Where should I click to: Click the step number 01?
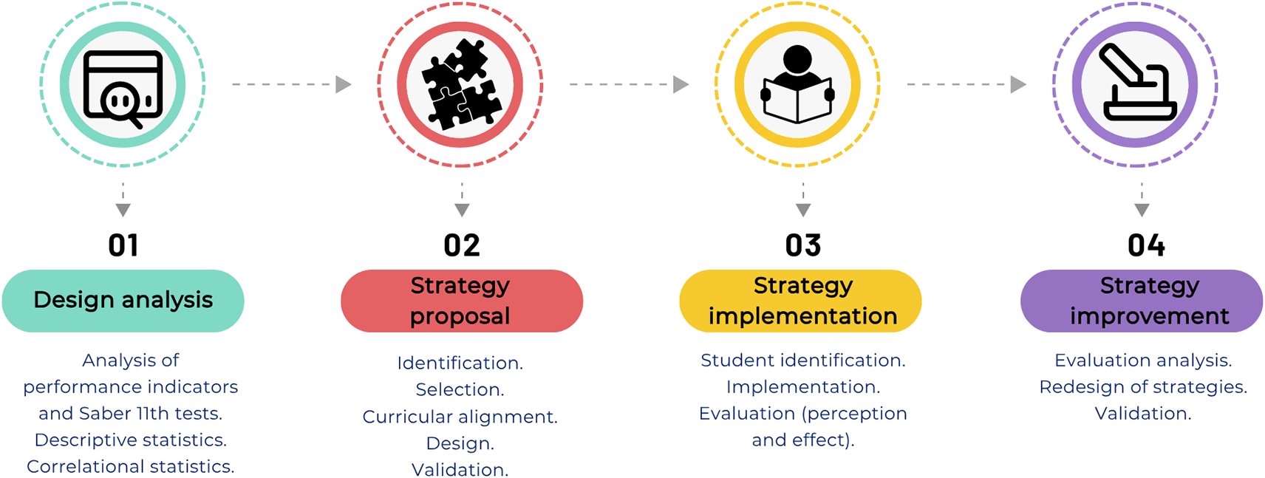(x=123, y=245)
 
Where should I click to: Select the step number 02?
(x=462, y=245)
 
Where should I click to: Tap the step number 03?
(x=803, y=245)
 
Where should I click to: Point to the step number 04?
(x=1146, y=245)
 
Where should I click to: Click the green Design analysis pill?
(x=123, y=301)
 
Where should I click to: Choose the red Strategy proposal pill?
(x=462, y=301)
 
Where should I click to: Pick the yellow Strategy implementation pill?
(x=801, y=301)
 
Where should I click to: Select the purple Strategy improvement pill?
(x=1142, y=301)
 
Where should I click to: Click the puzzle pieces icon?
(x=460, y=84)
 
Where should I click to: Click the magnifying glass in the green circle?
(x=122, y=101)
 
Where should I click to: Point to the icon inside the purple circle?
(x=1136, y=83)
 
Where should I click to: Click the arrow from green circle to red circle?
(x=292, y=84)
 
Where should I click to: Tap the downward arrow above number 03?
(x=803, y=200)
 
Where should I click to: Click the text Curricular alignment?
(x=460, y=417)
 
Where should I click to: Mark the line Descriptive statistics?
(x=131, y=440)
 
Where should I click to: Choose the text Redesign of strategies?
(x=1143, y=387)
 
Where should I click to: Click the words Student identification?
(x=803, y=361)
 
